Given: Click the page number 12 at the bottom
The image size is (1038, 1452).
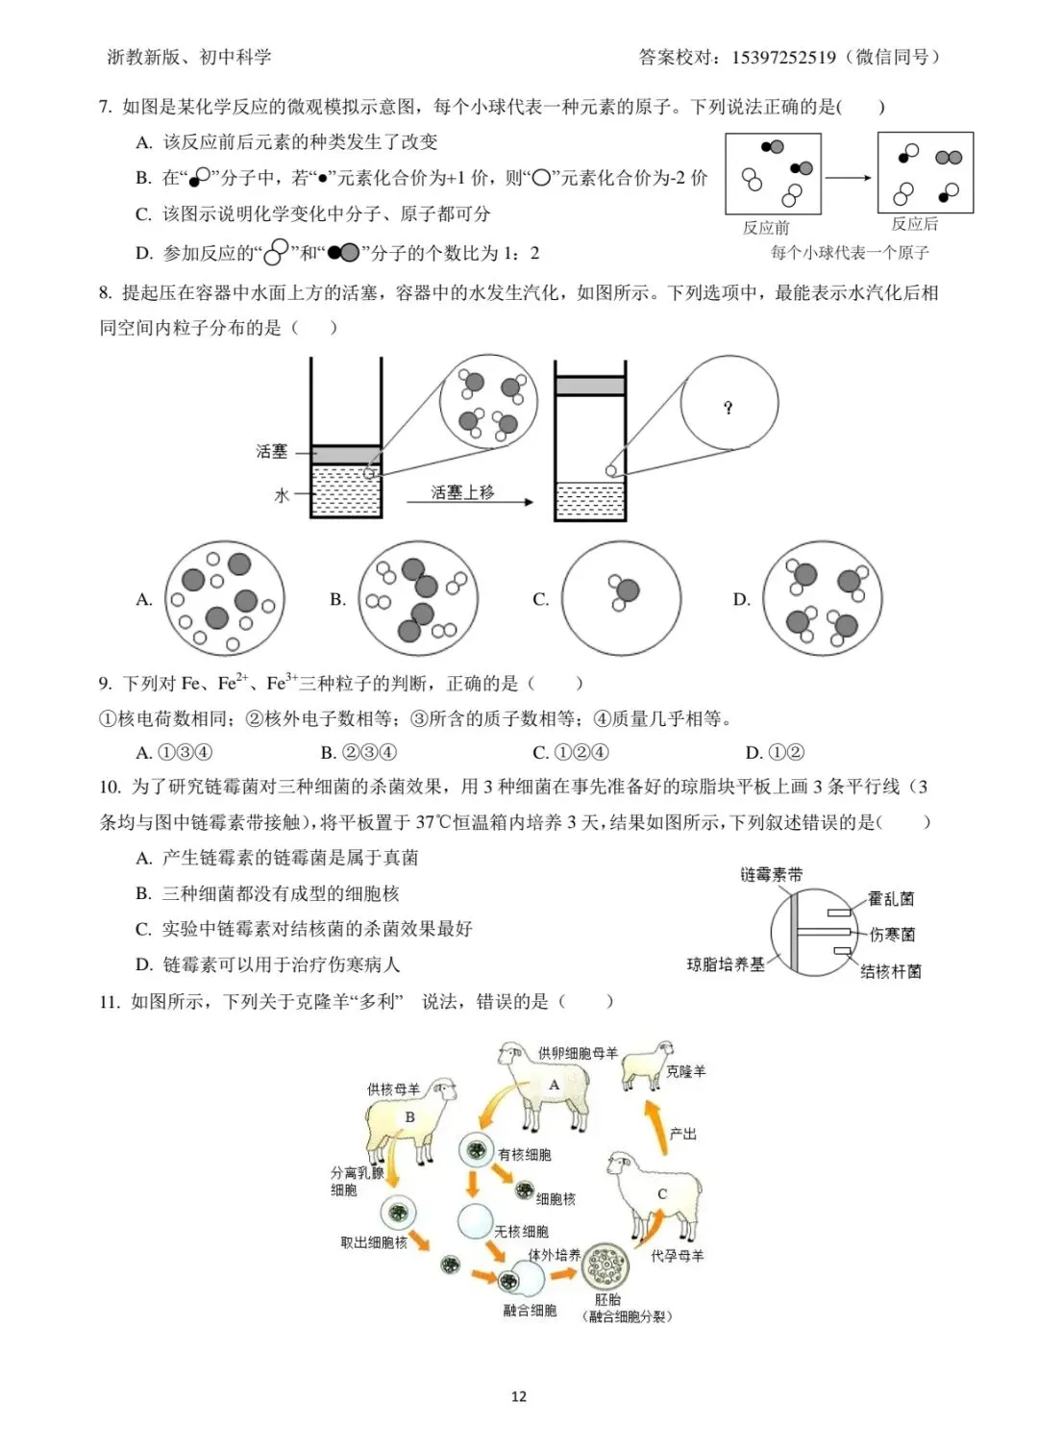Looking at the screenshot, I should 519,1396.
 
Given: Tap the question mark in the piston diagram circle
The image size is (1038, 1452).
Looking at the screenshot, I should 729,408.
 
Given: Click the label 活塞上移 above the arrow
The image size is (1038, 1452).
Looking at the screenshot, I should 462,492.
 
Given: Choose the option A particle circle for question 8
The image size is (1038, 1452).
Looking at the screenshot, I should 225,598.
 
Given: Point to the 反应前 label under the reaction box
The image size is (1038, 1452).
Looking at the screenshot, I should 766,228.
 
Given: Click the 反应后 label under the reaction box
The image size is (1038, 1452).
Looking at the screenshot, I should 914,224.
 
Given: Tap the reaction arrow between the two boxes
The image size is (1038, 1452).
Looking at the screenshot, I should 848,178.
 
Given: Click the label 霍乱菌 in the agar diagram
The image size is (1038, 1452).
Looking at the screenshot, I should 891,899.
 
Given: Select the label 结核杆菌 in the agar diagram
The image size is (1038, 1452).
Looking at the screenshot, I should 891,971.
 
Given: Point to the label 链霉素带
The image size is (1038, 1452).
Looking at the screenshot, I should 771,875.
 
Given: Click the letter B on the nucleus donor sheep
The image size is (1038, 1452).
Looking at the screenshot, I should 409,1117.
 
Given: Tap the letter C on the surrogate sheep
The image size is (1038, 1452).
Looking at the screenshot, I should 662,1193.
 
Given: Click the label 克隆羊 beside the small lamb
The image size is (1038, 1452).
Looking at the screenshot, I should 685,1071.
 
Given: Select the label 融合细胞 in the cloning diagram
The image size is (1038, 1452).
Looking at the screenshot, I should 530,1311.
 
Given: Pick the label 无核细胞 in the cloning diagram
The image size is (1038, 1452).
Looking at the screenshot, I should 521,1232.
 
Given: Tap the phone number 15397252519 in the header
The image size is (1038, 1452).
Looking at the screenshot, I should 783,58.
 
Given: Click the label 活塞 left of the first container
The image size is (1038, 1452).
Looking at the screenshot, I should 272,451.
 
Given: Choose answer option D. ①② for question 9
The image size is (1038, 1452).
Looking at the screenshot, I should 775,752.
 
